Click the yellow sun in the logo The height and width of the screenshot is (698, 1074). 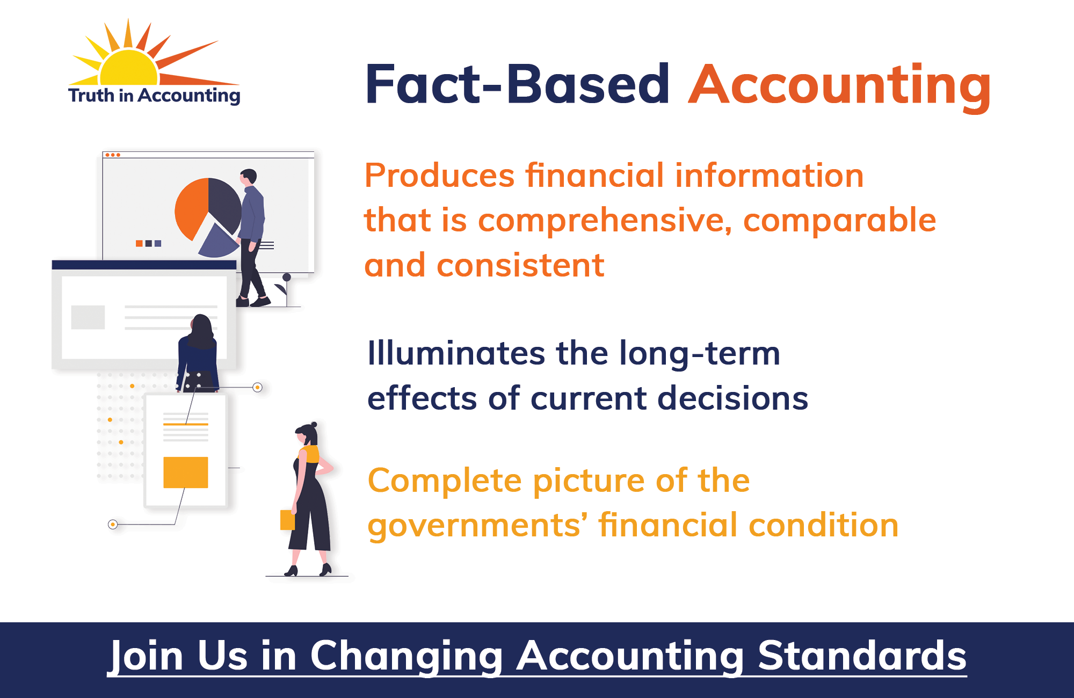coord(129,69)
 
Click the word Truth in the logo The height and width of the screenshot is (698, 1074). coord(91,95)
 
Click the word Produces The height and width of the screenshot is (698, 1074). coord(440,176)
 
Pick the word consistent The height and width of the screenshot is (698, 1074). coord(520,265)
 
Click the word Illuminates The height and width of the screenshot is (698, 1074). coord(456,353)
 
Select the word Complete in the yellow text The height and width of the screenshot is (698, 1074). coord(445,482)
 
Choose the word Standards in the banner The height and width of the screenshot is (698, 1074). coord(862,656)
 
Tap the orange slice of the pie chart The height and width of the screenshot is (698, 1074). coord(192,208)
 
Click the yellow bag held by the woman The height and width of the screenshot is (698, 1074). coord(288,520)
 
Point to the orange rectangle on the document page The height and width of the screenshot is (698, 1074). coord(186,472)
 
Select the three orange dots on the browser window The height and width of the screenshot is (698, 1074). coord(113,155)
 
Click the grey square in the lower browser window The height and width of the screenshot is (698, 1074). coord(88,317)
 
